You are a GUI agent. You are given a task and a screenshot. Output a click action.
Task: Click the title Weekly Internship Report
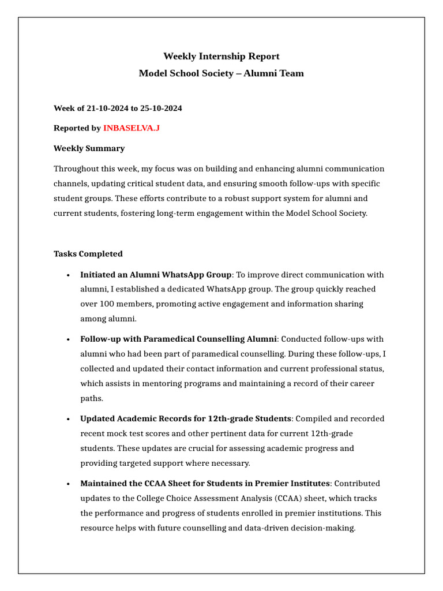pos(221,56)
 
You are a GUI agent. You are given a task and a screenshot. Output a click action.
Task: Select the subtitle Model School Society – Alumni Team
pos(221,73)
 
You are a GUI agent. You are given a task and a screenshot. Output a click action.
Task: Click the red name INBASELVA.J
pos(131,128)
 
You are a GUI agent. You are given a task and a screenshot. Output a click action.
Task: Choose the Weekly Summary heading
pos(89,148)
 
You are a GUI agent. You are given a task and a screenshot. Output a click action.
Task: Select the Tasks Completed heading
pos(88,254)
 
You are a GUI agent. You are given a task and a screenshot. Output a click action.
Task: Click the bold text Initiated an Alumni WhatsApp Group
pos(156,275)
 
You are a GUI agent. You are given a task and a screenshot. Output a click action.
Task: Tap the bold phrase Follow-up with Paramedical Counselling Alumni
pos(179,339)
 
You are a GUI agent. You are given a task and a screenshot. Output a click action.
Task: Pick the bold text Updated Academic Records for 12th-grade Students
pos(186,418)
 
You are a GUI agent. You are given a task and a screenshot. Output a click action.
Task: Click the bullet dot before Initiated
pos(69,275)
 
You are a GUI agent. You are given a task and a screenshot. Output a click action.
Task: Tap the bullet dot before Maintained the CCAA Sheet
pos(69,484)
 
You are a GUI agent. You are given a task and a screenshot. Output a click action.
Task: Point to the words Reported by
pos(77,128)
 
